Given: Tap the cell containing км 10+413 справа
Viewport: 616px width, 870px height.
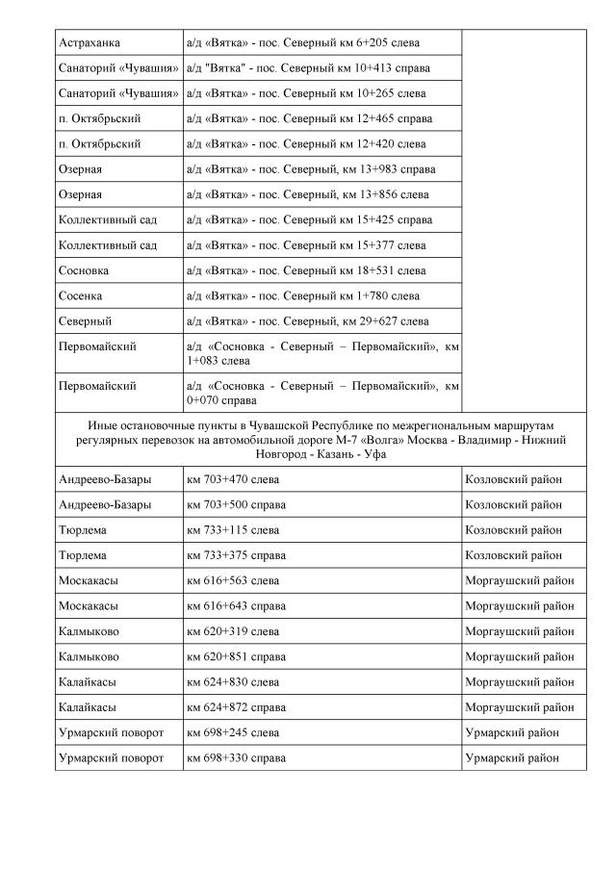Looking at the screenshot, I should click(309, 68).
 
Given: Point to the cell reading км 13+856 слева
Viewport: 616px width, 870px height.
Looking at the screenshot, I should click(308, 194).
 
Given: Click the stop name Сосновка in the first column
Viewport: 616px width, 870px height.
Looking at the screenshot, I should click(84, 270).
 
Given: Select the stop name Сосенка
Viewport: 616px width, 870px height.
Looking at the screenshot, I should click(81, 295).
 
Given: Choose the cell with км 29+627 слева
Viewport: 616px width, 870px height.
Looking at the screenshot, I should click(308, 320).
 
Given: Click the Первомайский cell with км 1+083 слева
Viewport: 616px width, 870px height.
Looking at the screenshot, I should click(321, 353).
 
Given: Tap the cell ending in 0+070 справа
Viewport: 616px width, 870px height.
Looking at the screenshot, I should click(321, 393).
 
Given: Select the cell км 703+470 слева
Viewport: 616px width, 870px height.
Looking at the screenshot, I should click(234, 478).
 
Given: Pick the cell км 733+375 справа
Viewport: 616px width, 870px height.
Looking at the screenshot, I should click(236, 555).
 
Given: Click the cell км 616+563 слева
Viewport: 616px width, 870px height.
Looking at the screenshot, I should click(234, 580).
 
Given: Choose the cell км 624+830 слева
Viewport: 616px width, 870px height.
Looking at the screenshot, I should click(234, 682).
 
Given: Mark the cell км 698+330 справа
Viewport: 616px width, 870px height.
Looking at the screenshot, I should click(236, 758).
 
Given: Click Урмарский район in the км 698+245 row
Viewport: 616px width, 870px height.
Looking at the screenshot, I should click(512, 733).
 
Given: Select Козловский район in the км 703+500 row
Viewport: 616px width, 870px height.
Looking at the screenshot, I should click(514, 504).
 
